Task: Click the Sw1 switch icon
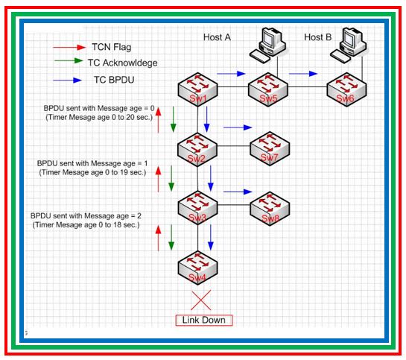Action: coord(197,90)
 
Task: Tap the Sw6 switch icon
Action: coord(345,90)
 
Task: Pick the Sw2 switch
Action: coord(197,148)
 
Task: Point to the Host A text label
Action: coord(218,37)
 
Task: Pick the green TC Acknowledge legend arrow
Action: coord(69,63)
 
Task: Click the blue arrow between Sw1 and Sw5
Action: coord(232,74)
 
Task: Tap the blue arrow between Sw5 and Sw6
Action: coord(302,74)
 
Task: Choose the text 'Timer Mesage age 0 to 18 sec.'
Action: coord(87,224)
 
